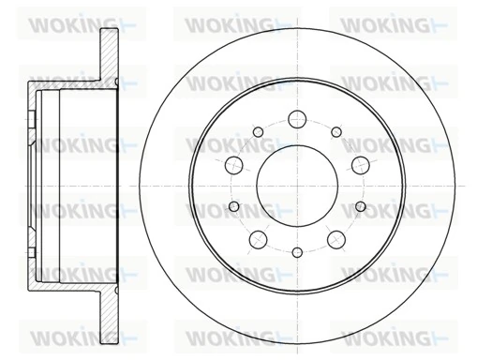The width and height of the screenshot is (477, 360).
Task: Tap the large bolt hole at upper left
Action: [x=234, y=164]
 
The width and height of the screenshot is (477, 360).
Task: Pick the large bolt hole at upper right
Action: [x=359, y=164]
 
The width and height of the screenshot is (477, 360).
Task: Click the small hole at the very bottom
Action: [x=296, y=250]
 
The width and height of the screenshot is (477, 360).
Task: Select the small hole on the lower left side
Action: [x=234, y=205]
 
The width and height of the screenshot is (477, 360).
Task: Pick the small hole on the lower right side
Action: [x=359, y=205]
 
